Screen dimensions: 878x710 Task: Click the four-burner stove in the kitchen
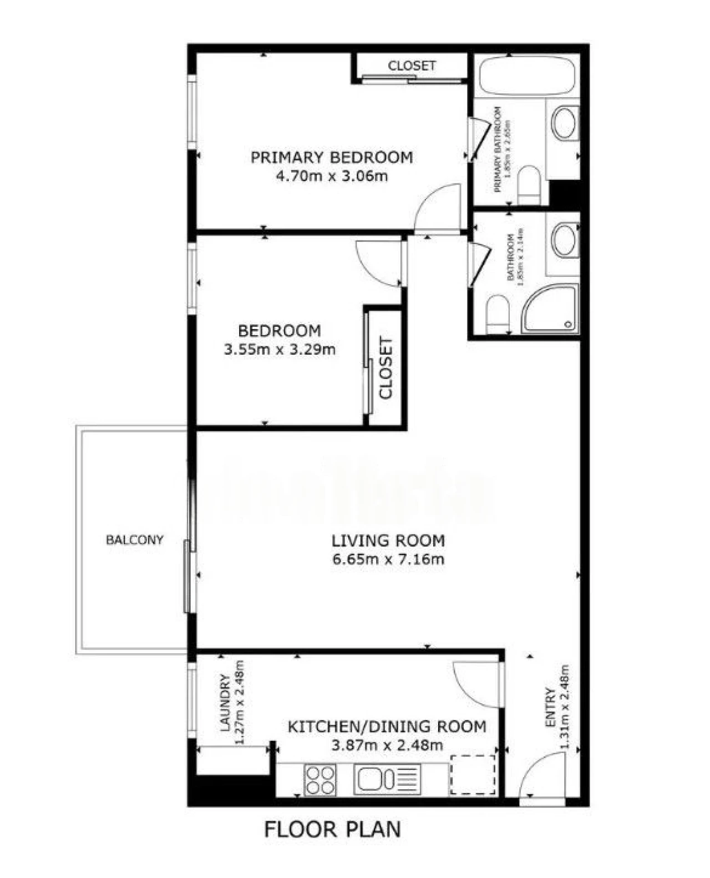point(320,779)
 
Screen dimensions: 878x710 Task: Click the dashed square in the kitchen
point(472,775)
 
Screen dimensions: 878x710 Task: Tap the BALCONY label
point(134,539)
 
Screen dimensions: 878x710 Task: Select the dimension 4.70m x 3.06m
point(332,176)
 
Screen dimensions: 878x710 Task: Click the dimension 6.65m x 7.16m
point(388,559)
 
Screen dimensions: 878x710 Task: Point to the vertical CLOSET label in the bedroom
point(386,368)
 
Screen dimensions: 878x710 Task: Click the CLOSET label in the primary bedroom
point(412,65)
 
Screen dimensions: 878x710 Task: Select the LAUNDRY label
point(225,702)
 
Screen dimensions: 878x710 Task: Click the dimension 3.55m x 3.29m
point(280,350)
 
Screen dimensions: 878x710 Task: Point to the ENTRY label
point(550,708)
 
